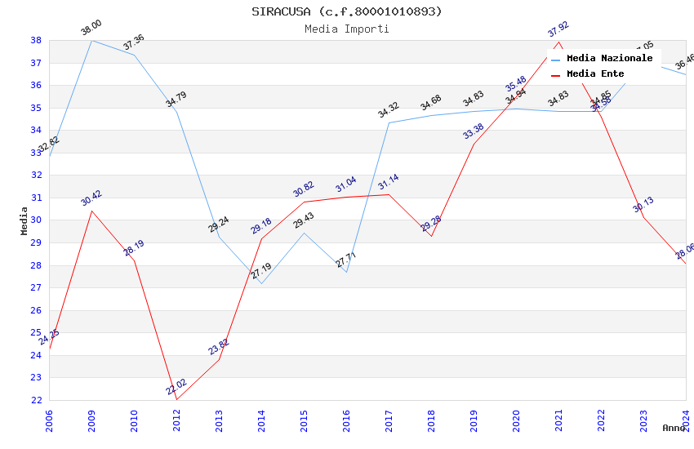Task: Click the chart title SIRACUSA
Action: pyautogui.click(x=346, y=11)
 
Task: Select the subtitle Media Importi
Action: pyautogui.click(x=346, y=29)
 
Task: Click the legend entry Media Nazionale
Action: pyautogui.click(x=609, y=59)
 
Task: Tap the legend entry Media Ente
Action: pyautogui.click(x=594, y=74)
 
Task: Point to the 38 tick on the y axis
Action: pyautogui.click(x=36, y=40)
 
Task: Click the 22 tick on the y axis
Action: pyautogui.click(x=36, y=400)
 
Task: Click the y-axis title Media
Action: pyautogui.click(x=24, y=220)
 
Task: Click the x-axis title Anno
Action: pyautogui.click(x=674, y=428)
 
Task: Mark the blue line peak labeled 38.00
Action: pyautogui.click(x=91, y=40)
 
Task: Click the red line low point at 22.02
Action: pyautogui.click(x=176, y=399)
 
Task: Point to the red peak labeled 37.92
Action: pyautogui.click(x=558, y=42)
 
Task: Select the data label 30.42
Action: pyautogui.click(x=91, y=198)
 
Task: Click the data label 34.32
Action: pyautogui.click(x=389, y=110)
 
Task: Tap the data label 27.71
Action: pyautogui.click(x=346, y=260)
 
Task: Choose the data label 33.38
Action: pyautogui.click(x=474, y=131)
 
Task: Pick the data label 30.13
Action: pyautogui.click(x=643, y=204)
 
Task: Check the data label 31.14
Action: pyautogui.click(x=389, y=181)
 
